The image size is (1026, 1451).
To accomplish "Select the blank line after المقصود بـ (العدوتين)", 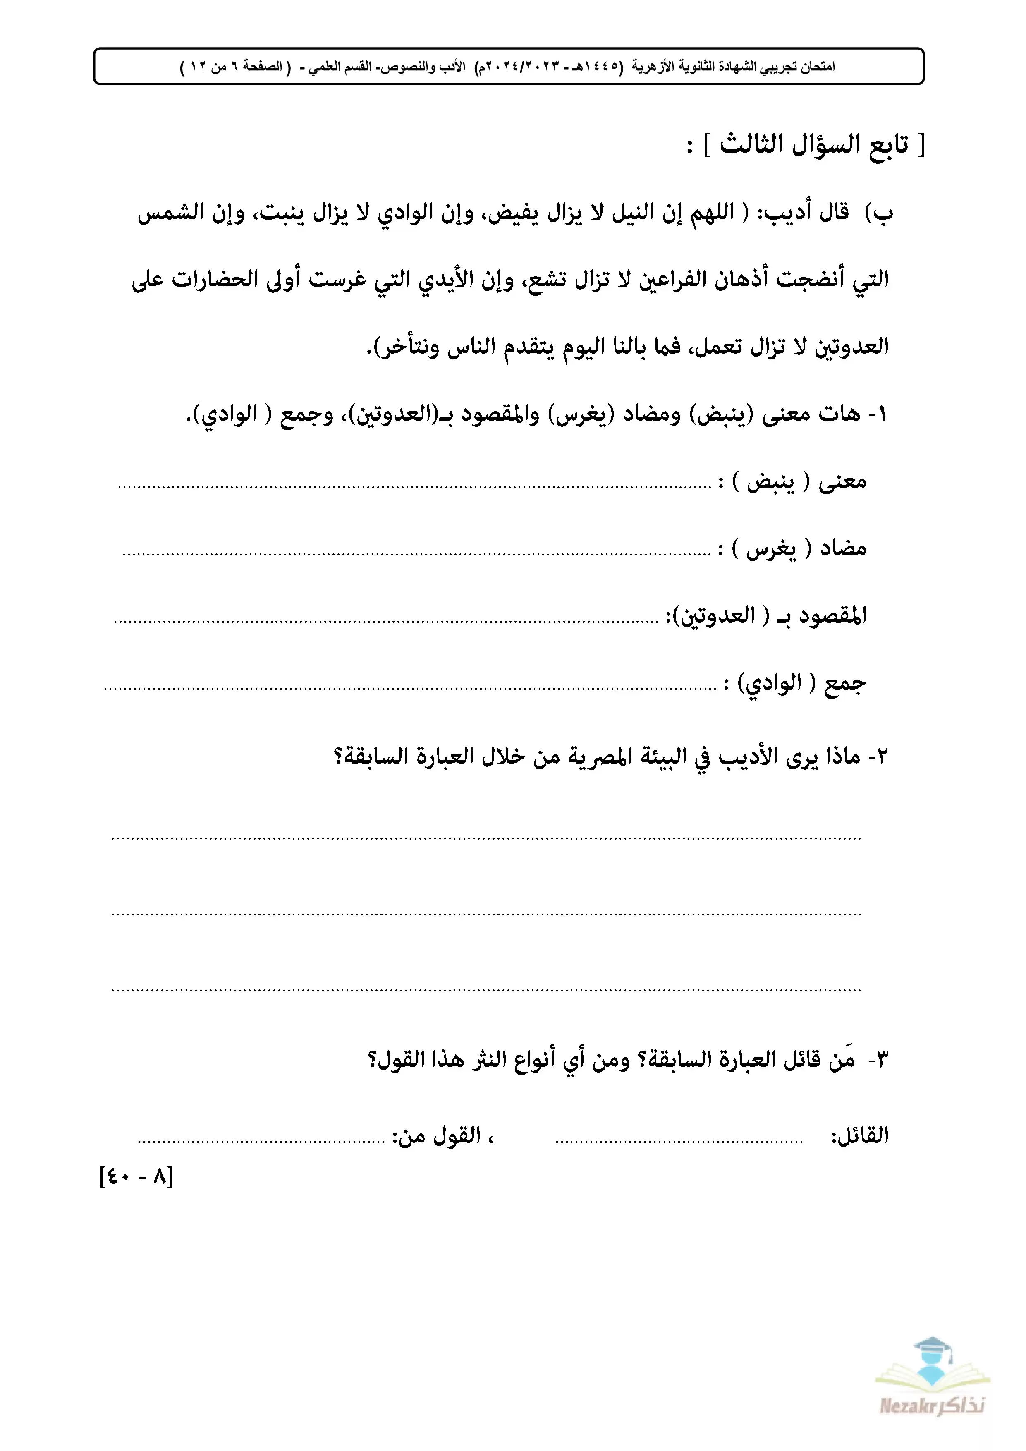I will pos(385,621).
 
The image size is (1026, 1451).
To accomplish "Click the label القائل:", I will pos(860,1136).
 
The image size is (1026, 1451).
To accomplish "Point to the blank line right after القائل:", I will pos(679,1141).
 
